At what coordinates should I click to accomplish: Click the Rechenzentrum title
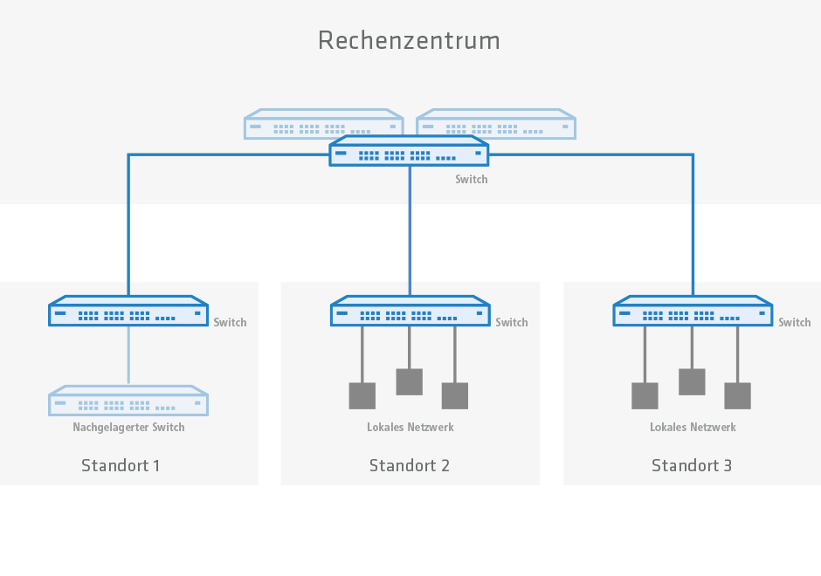pyautogui.click(x=409, y=40)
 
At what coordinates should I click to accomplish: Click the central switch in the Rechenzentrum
pyautogui.click(x=409, y=152)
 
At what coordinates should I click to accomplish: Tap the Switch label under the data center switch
pyautogui.click(x=472, y=180)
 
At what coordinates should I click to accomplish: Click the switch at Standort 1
pyautogui.click(x=128, y=312)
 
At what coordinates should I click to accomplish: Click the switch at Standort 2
pyautogui.click(x=410, y=312)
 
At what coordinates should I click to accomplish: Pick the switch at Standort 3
pyautogui.click(x=693, y=312)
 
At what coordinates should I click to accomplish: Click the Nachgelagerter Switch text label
pyautogui.click(x=128, y=428)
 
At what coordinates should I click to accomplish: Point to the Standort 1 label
pyautogui.click(x=121, y=465)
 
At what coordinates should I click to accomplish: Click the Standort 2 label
pyautogui.click(x=409, y=465)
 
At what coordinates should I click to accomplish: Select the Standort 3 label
pyautogui.click(x=692, y=465)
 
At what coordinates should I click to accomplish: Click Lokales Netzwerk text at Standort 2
pyautogui.click(x=410, y=428)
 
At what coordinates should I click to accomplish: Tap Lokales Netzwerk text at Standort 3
pyautogui.click(x=693, y=428)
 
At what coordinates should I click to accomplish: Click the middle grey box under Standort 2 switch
pyautogui.click(x=409, y=381)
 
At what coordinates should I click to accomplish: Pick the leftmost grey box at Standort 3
pyautogui.click(x=645, y=395)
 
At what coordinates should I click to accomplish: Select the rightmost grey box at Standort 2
pyautogui.click(x=455, y=395)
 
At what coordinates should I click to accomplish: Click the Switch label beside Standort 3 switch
pyautogui.click(x=795, y=323)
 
